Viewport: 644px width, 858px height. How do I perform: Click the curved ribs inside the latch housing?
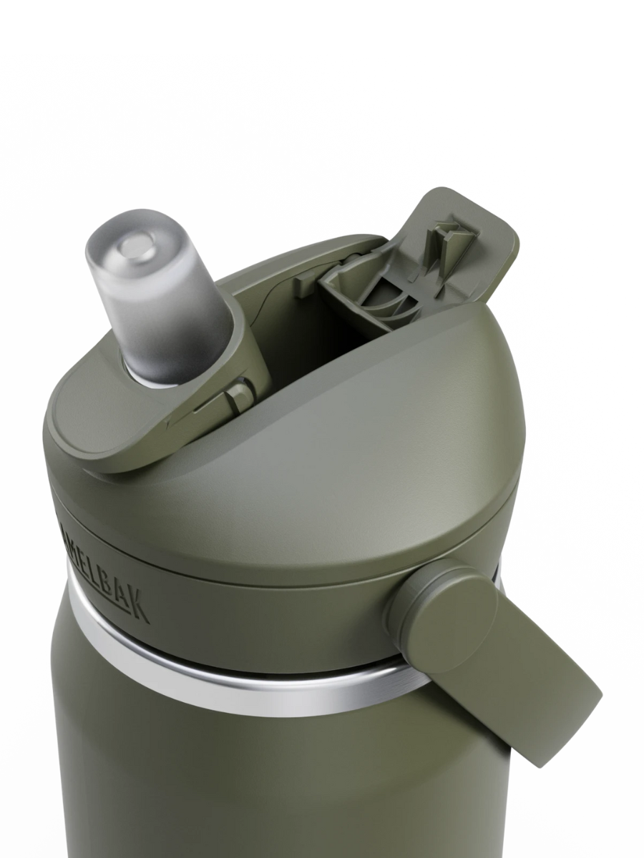tap(386, 300)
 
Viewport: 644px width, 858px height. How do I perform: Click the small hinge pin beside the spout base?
tap(240, 393)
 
